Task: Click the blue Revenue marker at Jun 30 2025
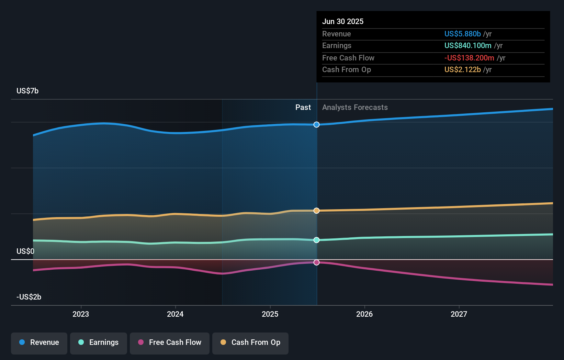(316, 124)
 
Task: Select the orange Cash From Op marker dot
(316, 211)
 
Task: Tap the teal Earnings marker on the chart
(316, 240)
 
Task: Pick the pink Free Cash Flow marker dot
(316, 262)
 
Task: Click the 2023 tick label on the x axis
(81, 314)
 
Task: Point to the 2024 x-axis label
(175, 314)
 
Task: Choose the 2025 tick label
(270, 314)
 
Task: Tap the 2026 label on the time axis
(364, 314)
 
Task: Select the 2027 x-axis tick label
(459, 314)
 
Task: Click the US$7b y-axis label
(27, 91)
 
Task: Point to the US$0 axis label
(25, 251)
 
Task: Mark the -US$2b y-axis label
(29, 297)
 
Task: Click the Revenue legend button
(39, 342)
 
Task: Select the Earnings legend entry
(99, 342)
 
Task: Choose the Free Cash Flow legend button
(170, 342)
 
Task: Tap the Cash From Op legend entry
(250, 342)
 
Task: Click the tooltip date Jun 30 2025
(343, 21)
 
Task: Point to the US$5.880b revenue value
(462, 34)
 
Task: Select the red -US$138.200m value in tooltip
(469, 58)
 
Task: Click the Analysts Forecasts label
(355, 107)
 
